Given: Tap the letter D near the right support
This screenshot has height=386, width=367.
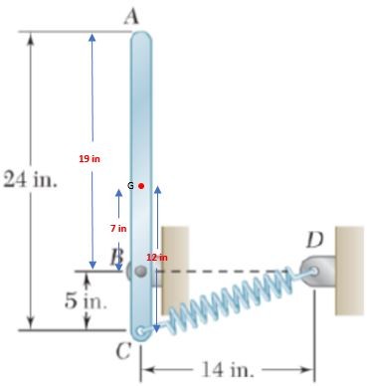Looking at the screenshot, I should point(315,239).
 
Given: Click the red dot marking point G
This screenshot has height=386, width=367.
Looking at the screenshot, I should point(141,185).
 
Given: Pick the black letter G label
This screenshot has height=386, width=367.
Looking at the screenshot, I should point(130,185).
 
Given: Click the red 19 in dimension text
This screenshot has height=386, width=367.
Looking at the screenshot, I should point(90,158).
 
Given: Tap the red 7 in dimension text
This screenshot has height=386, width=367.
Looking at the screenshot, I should point(117,228).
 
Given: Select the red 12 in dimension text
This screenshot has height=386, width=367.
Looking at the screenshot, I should point(156,258).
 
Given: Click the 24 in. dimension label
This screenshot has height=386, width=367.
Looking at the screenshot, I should point(30,182).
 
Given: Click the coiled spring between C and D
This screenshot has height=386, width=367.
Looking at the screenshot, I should point(229,297).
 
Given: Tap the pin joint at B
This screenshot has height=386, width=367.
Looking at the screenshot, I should point(140,270).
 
